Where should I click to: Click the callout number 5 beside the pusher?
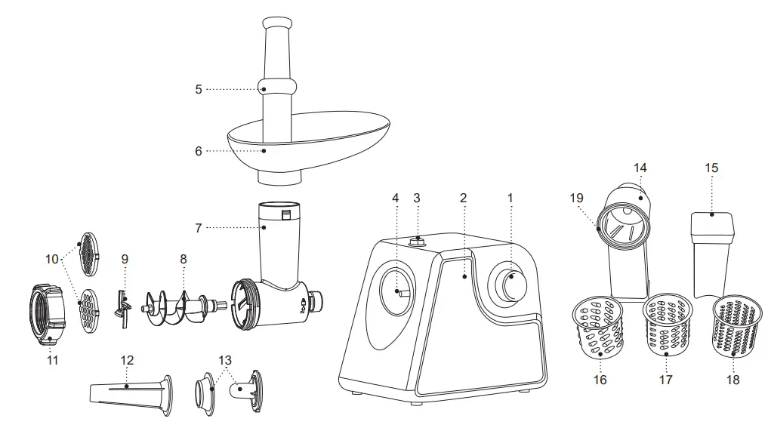tap(199, 89)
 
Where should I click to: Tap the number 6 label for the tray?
tap(199, 151)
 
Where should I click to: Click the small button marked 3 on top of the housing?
tap(416, 242)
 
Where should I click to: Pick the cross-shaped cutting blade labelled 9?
tap(121, 308)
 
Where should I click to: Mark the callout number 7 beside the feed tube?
tap(199, 227)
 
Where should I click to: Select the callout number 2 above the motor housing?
tap(463, 198)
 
